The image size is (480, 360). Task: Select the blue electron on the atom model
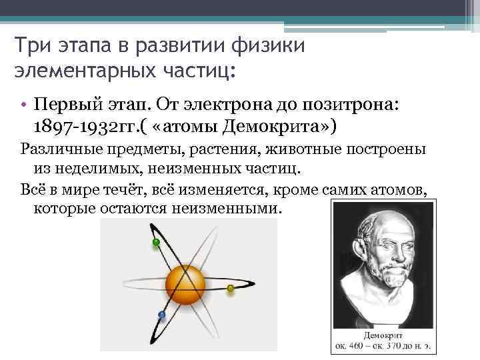coord(161,314)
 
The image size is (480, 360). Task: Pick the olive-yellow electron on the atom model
coord(231,289)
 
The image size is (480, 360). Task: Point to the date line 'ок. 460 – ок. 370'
coord(384,346)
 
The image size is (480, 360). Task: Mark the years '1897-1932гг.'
coord(82,127)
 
